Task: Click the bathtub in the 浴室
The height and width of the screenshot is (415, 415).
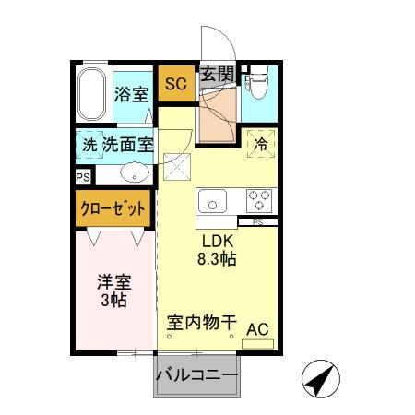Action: [x=92, y=96]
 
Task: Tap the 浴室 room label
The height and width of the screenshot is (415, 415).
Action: [x=130, y=93]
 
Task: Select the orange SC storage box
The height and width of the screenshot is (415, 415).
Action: [x=175, y=85]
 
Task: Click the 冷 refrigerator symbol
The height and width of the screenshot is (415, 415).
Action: [x=261, y=143]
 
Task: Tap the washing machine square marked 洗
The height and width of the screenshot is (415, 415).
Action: [x=89, y=145]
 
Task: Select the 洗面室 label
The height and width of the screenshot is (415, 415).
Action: [x=127, y=145]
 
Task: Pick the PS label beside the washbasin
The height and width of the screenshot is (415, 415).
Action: [x=83, y=175]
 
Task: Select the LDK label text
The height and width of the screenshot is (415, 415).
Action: [x=219, y=242]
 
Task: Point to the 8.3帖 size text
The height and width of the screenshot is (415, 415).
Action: [x=219, y=259]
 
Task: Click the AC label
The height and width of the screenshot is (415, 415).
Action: [x=258, y=327]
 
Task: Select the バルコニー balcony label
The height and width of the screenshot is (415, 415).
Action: [x=196, y=376]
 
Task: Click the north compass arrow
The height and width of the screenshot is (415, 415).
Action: [x=321, y=378]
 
